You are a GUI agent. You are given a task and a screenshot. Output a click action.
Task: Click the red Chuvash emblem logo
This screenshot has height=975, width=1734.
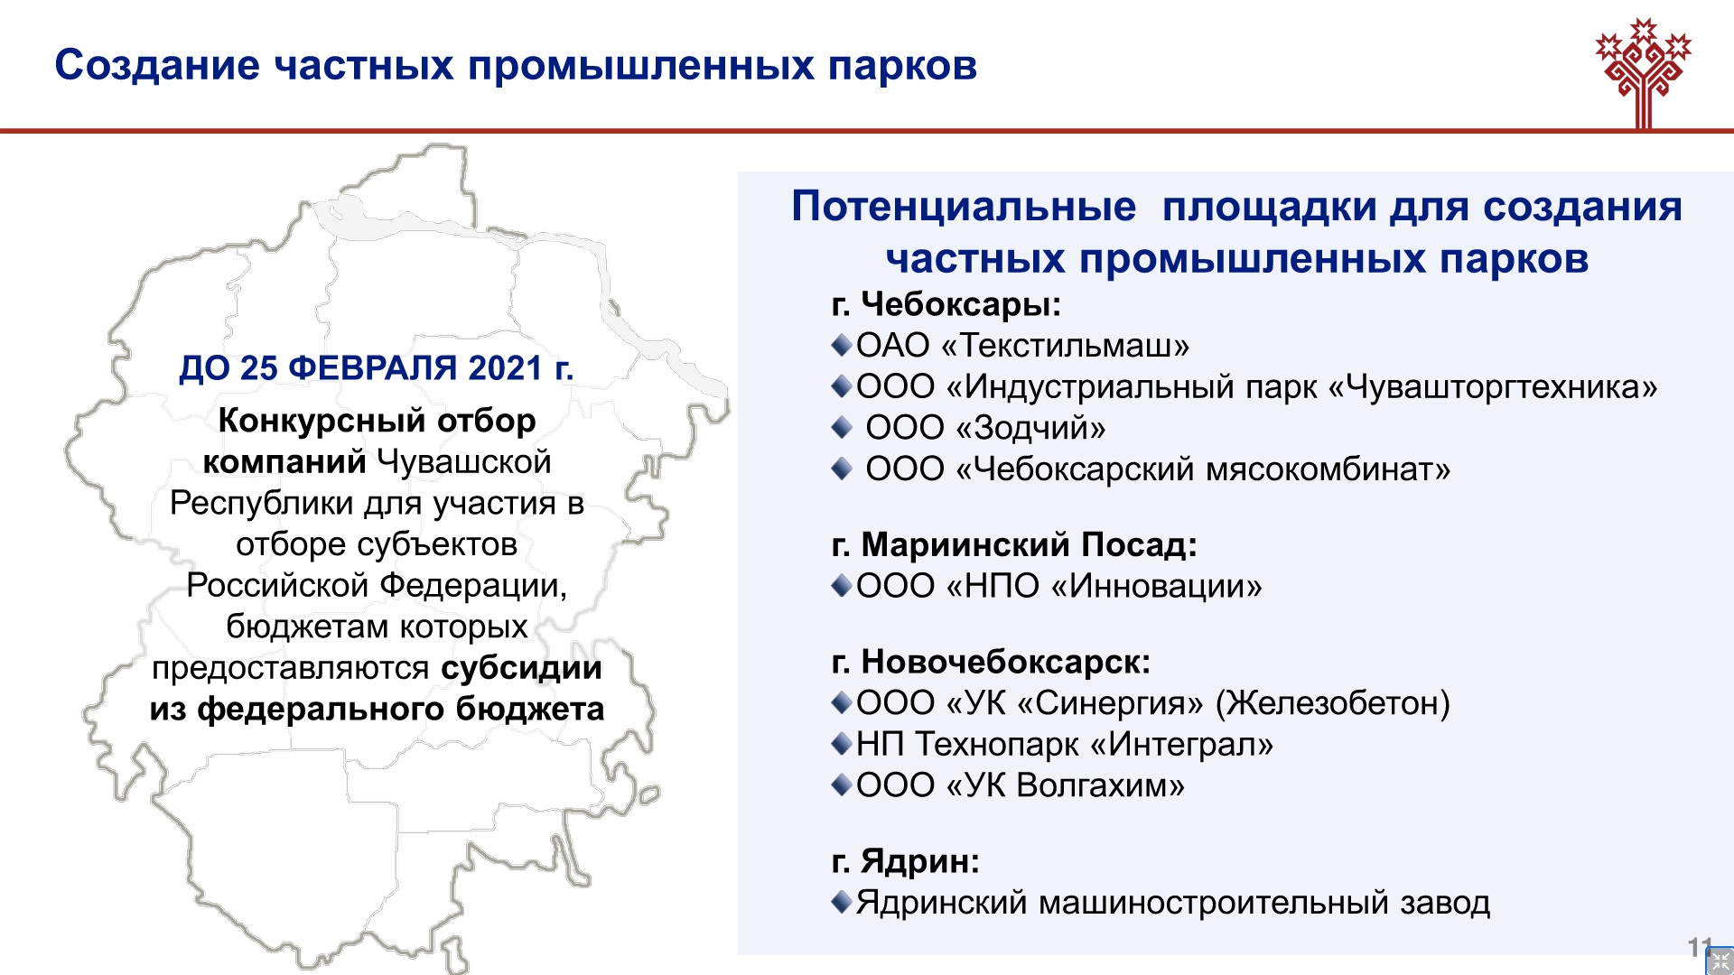tap(1643, 72)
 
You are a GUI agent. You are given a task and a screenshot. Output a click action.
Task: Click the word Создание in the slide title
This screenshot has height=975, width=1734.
tap(157, 65)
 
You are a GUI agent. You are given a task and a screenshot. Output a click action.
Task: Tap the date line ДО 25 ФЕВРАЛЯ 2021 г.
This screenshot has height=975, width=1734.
tap(377, 367)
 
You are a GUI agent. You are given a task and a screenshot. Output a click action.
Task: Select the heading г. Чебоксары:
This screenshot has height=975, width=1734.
tap(946, 303)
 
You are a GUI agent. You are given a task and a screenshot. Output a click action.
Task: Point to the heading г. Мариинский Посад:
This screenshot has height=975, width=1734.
tap(1014, 544)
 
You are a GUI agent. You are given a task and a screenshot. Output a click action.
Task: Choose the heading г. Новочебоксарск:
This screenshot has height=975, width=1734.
tap(991, 662)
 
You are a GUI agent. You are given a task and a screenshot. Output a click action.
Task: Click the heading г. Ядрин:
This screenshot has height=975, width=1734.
tap(906, 860)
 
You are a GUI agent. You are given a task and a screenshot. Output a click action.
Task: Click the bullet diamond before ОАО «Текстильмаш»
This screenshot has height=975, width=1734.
tap(842, 345)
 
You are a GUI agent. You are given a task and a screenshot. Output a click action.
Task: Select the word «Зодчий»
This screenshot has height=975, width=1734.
tap(1030, 428)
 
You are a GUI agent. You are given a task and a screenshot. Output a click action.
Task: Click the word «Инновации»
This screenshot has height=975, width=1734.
tap(1157, 586)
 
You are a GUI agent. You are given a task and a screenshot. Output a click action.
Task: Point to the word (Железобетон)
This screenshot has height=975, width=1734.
tap(1333, 703)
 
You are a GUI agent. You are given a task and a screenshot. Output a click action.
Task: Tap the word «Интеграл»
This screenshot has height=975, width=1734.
tap(1182, 744)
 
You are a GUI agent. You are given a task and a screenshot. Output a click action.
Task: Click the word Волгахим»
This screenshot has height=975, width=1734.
tap(1100, 785)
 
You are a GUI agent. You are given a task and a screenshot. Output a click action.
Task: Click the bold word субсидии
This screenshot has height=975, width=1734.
tap(522, 668)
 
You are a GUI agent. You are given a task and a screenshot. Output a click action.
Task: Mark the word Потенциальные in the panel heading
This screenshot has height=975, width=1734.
tap(964, 206)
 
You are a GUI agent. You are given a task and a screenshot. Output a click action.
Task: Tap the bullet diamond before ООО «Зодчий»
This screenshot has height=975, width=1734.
tap(842, 427)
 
